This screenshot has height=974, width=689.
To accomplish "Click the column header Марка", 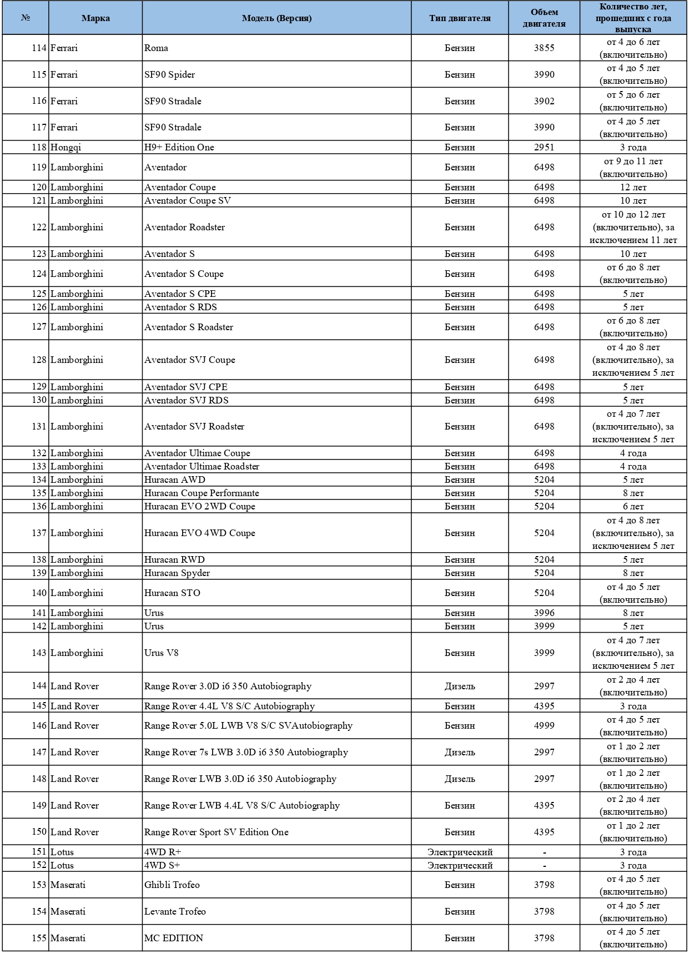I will coord(95,18).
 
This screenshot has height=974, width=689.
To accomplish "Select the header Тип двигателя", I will coord(460,18).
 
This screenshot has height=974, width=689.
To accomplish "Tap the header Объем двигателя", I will coord(544,18).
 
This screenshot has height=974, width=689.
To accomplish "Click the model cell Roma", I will coord(157,48).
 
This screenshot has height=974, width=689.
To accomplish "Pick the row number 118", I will coord(39,148).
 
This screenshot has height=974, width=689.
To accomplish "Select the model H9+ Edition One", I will coord(179,148).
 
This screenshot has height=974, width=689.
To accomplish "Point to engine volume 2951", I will coord(544,148).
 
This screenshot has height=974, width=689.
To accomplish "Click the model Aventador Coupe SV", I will coord(188,201).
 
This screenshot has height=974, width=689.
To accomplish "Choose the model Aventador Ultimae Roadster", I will coord(202,467).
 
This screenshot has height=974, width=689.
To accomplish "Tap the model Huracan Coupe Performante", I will coord(202,493).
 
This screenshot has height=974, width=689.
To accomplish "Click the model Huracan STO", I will coord(173,593).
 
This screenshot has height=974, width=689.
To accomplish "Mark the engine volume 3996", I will coord(544,613).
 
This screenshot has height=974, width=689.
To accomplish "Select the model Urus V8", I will coord(162,653).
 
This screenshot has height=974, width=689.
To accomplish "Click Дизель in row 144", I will coord(460,687).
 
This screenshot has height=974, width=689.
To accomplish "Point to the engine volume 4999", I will coord(544,726).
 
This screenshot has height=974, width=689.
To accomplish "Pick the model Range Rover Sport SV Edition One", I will coord(217,832).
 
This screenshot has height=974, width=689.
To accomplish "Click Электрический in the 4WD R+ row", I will coord(460,852).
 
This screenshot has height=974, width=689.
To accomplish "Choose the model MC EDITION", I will coord(174,938).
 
